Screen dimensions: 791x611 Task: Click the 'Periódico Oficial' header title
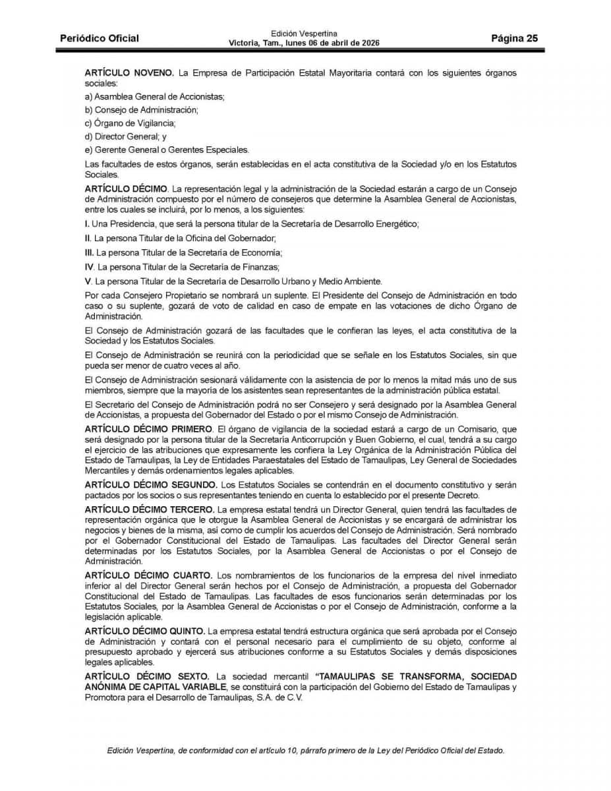pyautogui.click(x=100, y=38)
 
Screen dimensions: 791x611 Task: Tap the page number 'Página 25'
pyautogui.click(x=514, y=38)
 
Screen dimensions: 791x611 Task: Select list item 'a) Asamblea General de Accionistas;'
pyautogui.click(x=155, y=96)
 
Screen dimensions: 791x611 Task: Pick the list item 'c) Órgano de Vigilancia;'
pyautogui.click(x=131, y=123)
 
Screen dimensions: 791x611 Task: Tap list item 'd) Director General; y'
pyautogui.click(x=126, y=136)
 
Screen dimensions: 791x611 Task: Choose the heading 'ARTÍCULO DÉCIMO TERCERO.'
pyautogui.click(x=150, y=510)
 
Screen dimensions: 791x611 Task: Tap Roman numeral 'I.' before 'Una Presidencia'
pyautogui.click(x=87, y=224)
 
